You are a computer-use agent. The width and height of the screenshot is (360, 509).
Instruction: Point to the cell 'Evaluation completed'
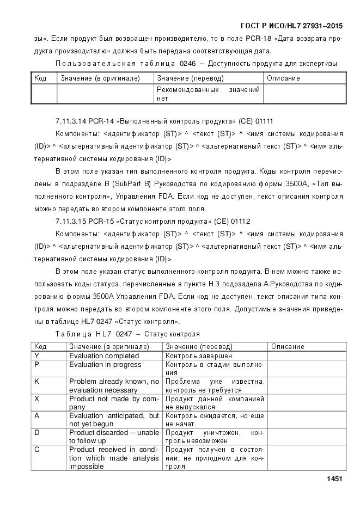(x=105, y=355)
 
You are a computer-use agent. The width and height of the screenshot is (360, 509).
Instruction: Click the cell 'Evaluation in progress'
(x=105, y=364)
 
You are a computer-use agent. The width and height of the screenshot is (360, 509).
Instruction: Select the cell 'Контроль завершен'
(x=199, y=355)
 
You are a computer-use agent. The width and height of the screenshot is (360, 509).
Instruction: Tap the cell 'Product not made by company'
(x=113, y=402)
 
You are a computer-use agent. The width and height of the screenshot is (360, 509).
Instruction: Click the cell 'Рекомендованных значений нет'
(x=208, y=94)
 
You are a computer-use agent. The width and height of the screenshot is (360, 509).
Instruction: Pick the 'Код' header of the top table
(x=40, y=78)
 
